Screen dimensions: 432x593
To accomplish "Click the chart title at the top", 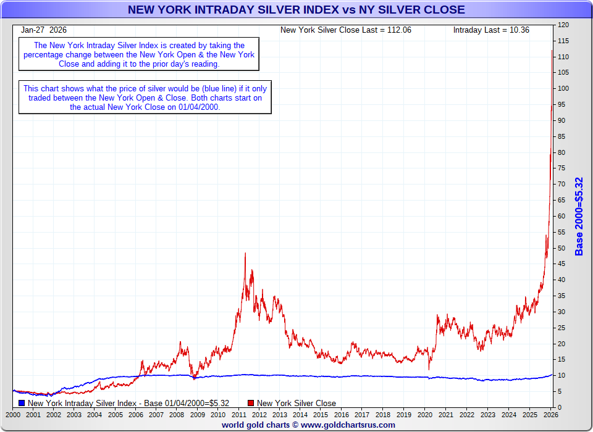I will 296,9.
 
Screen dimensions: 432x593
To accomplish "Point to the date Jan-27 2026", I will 44,30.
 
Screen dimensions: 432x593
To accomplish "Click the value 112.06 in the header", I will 399,30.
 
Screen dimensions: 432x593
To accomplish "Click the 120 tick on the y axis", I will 563,25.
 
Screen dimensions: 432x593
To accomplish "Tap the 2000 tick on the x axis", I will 13,415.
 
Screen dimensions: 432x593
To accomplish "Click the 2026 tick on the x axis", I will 551,415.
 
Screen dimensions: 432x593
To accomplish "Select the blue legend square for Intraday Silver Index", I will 22,404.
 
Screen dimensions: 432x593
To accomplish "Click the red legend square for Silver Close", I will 251,404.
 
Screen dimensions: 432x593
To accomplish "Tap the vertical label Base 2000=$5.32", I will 579,216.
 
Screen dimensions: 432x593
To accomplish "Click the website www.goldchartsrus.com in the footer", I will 348,425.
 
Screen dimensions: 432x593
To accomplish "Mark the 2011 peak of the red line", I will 245,253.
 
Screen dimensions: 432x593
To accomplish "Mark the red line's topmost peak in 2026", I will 552,51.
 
